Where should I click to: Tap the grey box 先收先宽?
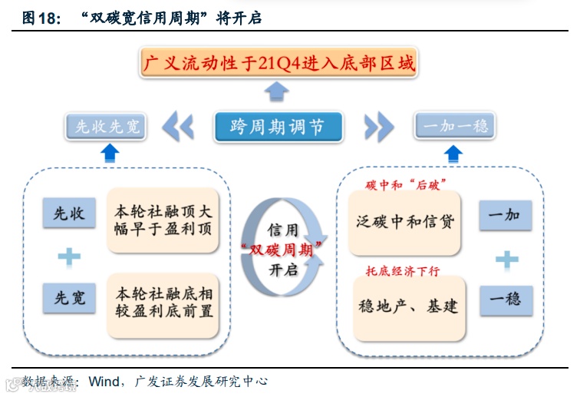click(x=108, y=127)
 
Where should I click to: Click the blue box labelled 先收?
click(x=69, y=214)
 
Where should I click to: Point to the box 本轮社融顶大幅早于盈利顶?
click(x=163, y=220)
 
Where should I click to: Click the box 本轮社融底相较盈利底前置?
click(x=163, y=303)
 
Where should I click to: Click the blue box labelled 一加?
click(x=505, y=216)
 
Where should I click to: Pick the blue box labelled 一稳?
click(x=505, y=299)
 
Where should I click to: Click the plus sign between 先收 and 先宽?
click(x=69, y=256)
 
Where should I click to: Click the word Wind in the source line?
click(x=104, y=382)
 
